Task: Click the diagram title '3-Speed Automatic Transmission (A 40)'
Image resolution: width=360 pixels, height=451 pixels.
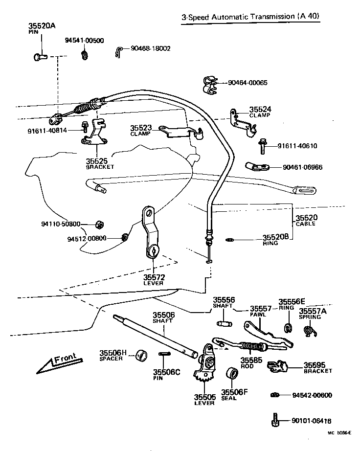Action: pyautogui.click(x=250, y=16)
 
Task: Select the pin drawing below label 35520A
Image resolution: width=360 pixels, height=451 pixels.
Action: pyautogui.click(x=41, y=58)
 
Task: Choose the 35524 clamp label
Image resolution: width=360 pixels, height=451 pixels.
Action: pyautogui.click(x=260, y=110)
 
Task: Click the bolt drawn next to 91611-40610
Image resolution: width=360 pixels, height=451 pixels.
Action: pyautogui.click(x=263, y=145)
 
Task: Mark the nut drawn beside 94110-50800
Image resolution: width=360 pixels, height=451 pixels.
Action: pyautogui.click(x=98, y=224)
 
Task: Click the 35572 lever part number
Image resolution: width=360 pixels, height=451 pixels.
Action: pyautogui.click(x=153, y=277)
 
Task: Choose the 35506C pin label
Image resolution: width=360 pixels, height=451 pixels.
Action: pyautogui.click(x=163, y=372)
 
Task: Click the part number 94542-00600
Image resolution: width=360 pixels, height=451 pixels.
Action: pyautogui.click(x=312, y=395)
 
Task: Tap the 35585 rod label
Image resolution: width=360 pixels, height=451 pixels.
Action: pyautogui.click(x=250, y=361)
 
